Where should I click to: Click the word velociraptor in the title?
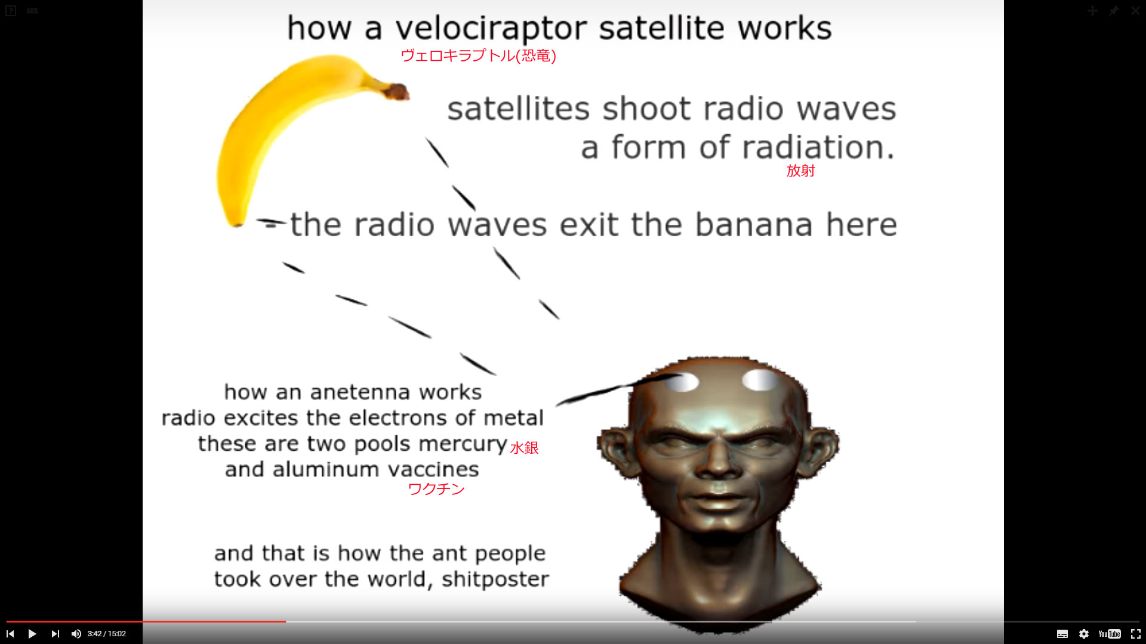click(x=491, y=29)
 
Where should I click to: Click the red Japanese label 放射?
click(x=800, y=171)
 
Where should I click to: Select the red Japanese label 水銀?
click(x=524, y=448)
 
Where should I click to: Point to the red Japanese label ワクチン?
click(x=436, y=489)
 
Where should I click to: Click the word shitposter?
click(x=495, y=579)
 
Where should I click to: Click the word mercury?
click(x=463, y=445)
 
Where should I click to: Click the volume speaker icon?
click(x=76, y=634)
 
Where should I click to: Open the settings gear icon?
click(x=1084, y=634)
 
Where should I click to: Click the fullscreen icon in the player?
click(x=1135, y=634)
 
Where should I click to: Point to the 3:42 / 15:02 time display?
click(x=107, y=634)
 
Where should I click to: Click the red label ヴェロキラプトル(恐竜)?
click(x=478, y=56)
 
